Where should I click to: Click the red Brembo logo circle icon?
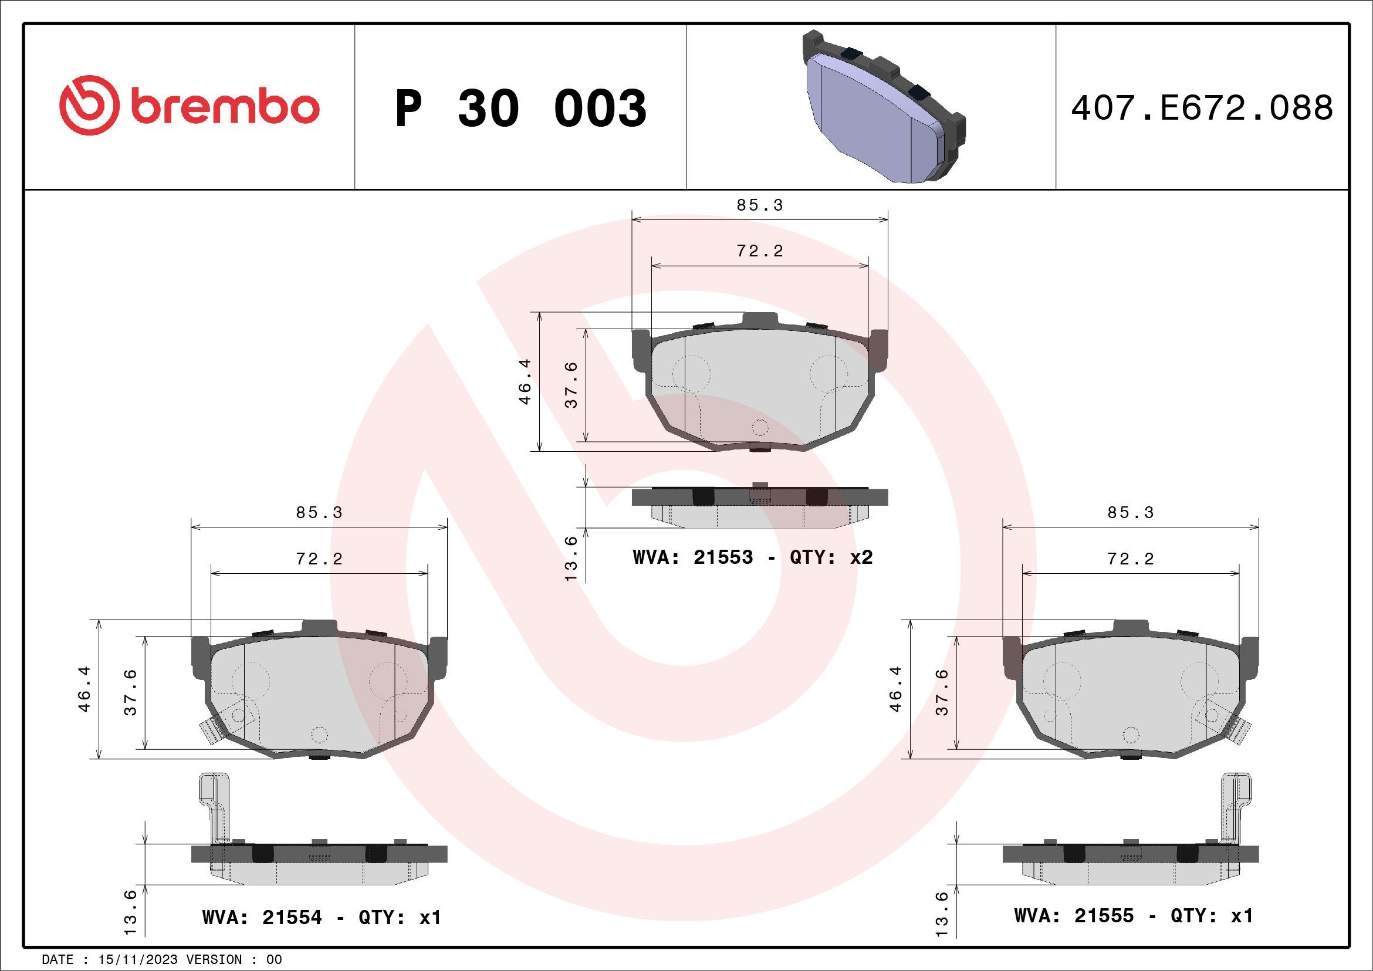point(87,105)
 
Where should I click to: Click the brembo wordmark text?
point(225,107)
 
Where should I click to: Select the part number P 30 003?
point(520,108)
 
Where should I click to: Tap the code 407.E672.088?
point(1202,108)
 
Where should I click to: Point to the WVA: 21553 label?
point(692,557)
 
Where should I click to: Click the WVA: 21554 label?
point(262,917)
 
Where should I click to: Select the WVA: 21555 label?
point(1073,915)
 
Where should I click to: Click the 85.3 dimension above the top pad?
point(759,205)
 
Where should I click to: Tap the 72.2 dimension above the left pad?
point(319,559)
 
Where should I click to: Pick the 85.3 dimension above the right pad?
point(1130,512)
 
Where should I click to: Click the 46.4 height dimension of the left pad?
point(84,689)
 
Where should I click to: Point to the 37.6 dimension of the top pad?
point(571,384)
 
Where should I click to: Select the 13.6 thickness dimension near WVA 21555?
point(941,914)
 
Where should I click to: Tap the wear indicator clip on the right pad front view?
point(1240,730)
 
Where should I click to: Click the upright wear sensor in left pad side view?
point(212,807)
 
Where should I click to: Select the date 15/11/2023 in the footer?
point(137,959)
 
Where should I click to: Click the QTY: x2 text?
point(831,557)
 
